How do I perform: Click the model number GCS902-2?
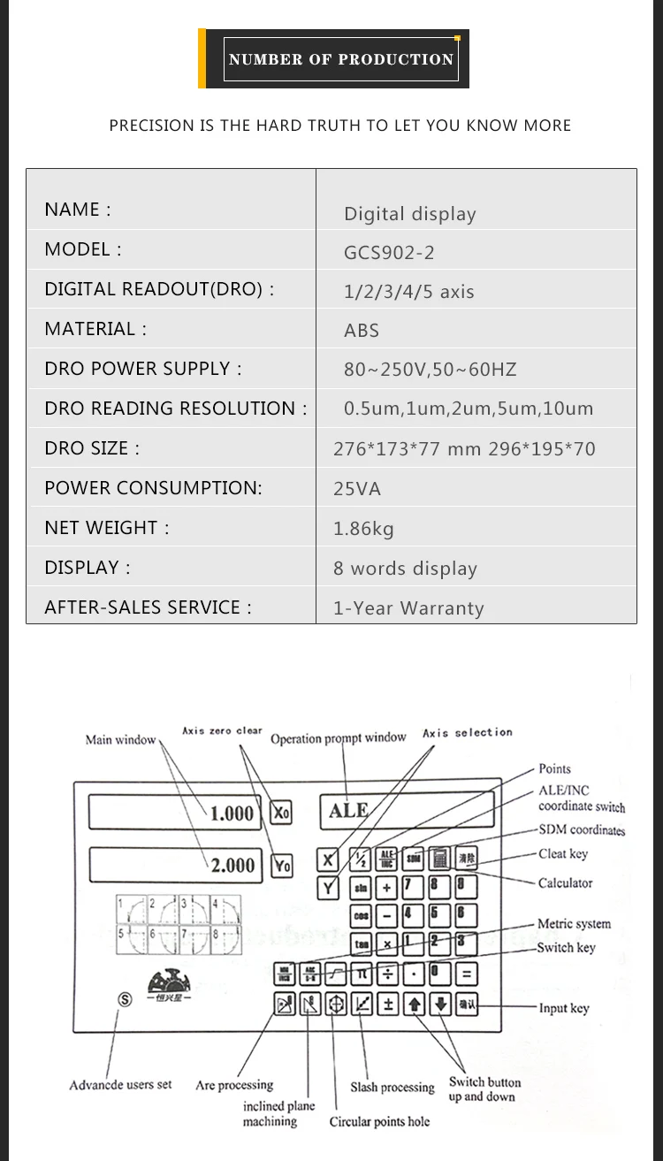(389, 253)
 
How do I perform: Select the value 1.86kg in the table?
(363, 529)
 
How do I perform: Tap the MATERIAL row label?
(95, 329)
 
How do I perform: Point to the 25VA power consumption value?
(357, 489)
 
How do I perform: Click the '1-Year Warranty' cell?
(408, 608)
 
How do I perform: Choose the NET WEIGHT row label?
(106, 528)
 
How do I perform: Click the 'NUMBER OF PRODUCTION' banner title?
(340, 59)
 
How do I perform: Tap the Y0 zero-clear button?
(281, 866)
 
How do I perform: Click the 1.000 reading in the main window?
(232, 813)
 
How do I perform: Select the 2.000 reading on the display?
(232, 866)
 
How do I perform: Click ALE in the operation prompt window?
(348, 811)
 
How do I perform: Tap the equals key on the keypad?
(466, 974)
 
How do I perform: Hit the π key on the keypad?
(361, 974)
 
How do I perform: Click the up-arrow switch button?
(415, 1004)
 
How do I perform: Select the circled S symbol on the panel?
(125, 1000)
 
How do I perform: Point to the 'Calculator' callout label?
(565, 882)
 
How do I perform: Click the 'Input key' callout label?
(564, 1008)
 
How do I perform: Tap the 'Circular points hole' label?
(379, 1122)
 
